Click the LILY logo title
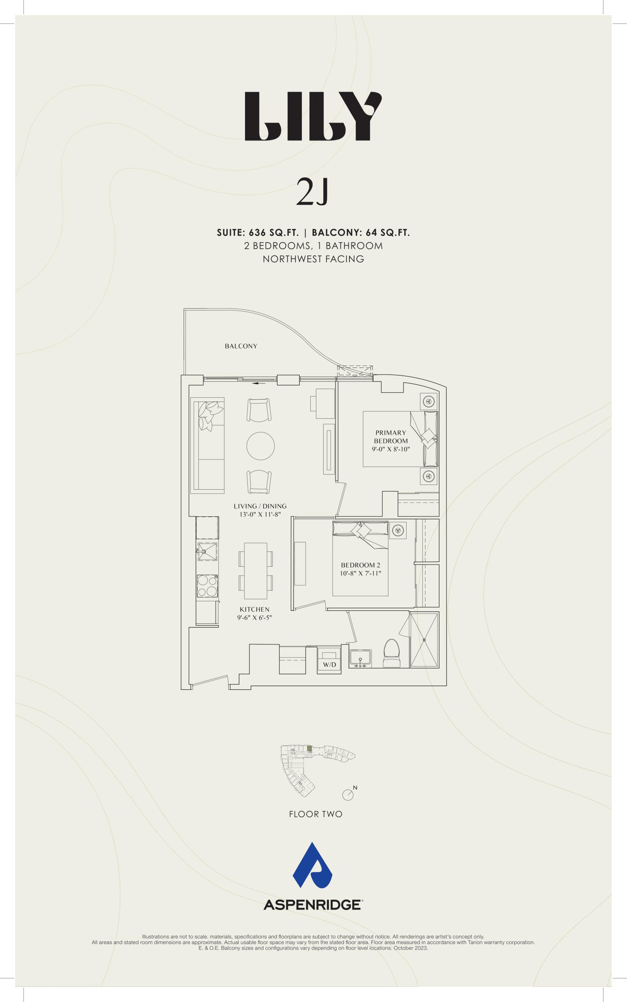(x=313, y=116)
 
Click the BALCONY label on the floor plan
(x=241, y=346)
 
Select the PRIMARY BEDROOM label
(x=391, y=437)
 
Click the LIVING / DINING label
(x=260, y=506)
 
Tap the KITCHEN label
(x=255, y=609)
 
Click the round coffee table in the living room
(x=260, y=446)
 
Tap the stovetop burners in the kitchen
(x=207, y=586)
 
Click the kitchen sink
(x=207, y=551)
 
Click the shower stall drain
(x=424, y=640)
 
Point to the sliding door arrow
(x=259, y=383)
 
